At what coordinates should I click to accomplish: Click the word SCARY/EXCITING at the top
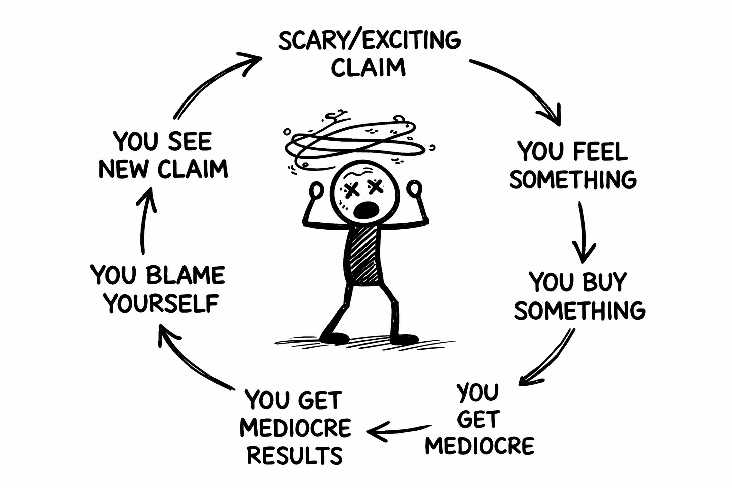(x=369, y=40)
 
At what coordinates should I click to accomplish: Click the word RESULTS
(x=295, y=455)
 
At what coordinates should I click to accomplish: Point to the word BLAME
(x=186, y=275)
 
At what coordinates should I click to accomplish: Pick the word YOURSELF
(x=161, y=303)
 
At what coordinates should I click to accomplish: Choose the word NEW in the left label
(x=125, y=169)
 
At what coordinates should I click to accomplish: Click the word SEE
(x=190, y=142)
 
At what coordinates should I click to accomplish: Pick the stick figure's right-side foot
(x=403, y=338)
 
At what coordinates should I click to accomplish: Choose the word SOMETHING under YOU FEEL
(x=573, y=179)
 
